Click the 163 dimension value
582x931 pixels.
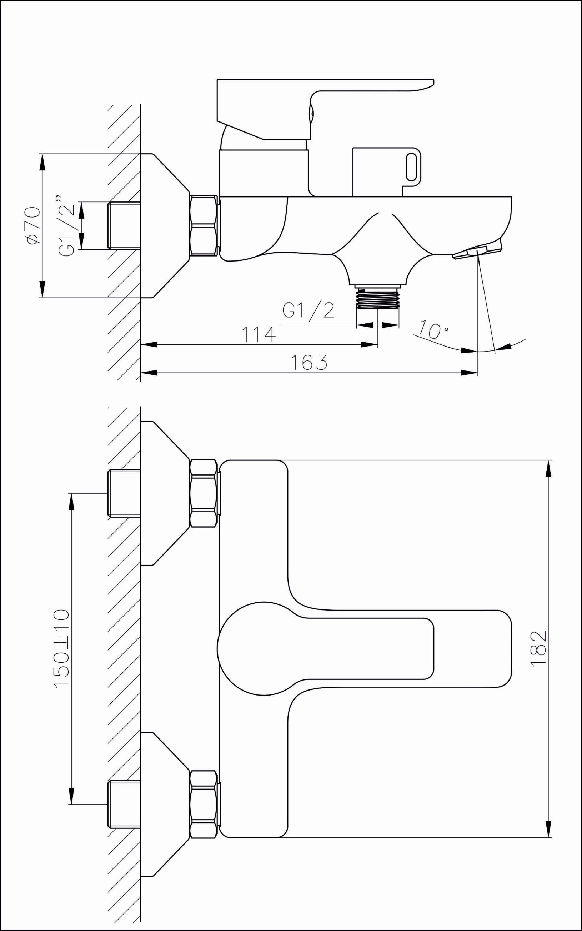coord(309,362)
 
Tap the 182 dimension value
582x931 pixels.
coord(538,648)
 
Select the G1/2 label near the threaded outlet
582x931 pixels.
coord(308,310)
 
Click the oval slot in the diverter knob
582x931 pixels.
coord(411,166)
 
